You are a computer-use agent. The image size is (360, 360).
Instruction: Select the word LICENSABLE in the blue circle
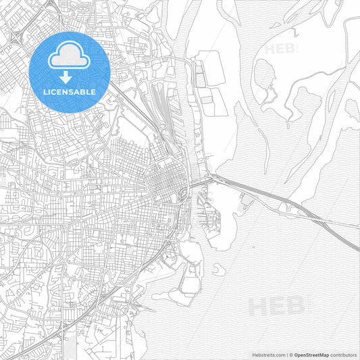point(70,91)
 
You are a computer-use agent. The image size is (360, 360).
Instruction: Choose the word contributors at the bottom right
point(343,354)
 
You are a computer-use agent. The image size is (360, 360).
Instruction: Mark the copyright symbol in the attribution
point(290,354)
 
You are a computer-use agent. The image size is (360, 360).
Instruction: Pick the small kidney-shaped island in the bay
point(219,269)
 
